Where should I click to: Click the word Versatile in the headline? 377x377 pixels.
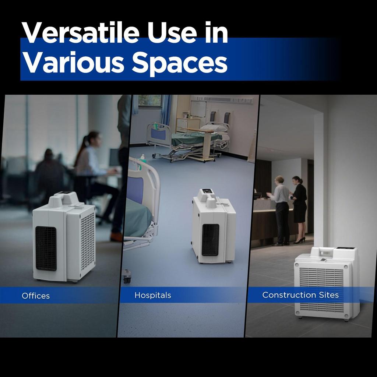[x=81, y=32]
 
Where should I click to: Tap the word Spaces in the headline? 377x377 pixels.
[x=180, y=63]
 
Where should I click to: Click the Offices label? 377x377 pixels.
[x=36, y=296]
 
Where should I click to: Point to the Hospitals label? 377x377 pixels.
[x=153, y=295]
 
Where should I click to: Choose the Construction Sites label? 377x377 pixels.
[x=300, y=295]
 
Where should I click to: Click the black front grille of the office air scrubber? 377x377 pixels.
[x=46, y=249]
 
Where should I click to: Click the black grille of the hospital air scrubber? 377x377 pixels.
[x=210, y=240]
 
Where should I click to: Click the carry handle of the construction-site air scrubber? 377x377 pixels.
[x=323, y=250]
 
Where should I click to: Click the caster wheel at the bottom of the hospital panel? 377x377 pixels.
[x=127, y=276]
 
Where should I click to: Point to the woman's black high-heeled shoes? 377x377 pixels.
[x=299, y=240]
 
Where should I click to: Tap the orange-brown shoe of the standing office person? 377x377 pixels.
[x=116, y=237]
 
